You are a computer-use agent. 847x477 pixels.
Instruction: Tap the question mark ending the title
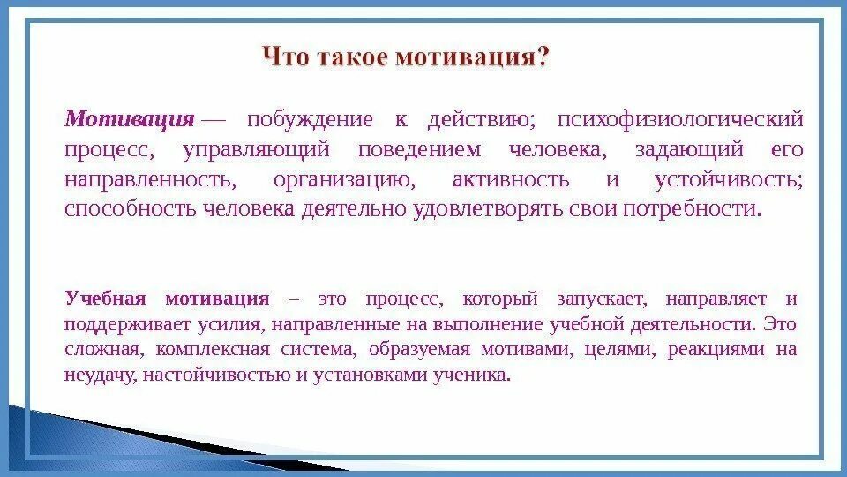(543, 59)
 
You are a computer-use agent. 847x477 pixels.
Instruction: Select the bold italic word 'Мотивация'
(130, 119)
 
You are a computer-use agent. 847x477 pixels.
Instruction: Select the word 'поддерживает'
(120, 323)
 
